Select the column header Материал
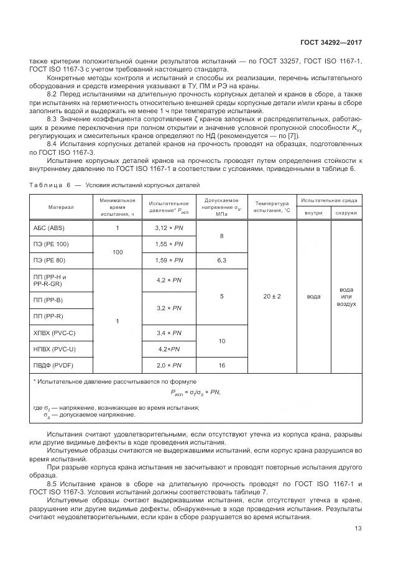pyautogui.click(x=61, y=207)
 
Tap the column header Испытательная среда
pyautogui.click(x=329, y=200)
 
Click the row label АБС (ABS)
pyautogui.click(x=48, y=228)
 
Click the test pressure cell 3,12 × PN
pyautogui.click(x=169, y=228)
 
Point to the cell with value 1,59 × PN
pyautogui.click(x=169, y=260)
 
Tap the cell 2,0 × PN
pyautogui.click(x=169, y=365)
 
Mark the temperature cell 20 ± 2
pyautogui.click(x=272, y=297)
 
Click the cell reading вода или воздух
pyautogui.click(x=346, y=297)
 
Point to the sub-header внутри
pyautogui.click(x=314, y=213)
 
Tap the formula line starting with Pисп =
pyautogui.click(x=195, y=392)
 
